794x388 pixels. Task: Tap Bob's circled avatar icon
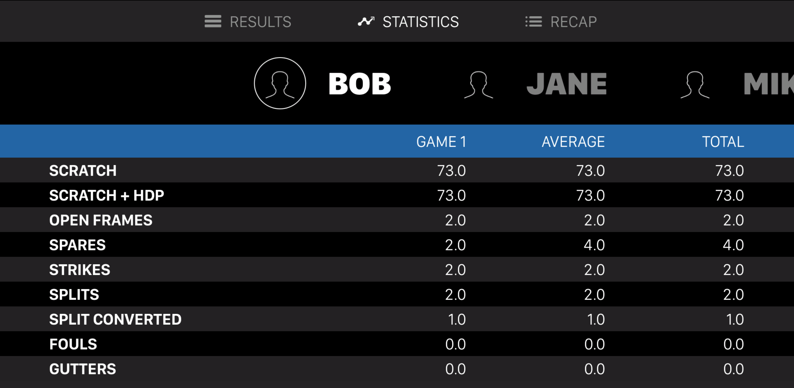click(280, 83)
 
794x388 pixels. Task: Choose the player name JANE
click(566, 84)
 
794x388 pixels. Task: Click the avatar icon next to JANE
click(479, 85)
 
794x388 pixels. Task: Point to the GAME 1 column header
click(441, 142)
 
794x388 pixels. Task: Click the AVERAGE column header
click(573, 142)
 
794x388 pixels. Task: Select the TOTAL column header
click(723, 142)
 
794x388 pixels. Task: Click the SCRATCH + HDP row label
click(107, 195)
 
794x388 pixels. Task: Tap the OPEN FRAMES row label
click(101, 220)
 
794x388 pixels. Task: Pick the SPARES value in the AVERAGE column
click(594, 245)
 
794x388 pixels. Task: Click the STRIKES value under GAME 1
click(455, 270)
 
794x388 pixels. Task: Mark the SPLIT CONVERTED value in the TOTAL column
click(735, 319)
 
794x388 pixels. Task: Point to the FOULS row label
click(73, 344)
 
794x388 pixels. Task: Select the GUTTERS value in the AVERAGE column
click(594, 369)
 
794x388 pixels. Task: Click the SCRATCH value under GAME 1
click(451, 171)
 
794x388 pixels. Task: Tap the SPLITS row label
click(74, 295)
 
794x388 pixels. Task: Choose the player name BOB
click(359, 84)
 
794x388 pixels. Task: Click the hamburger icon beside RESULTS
click(213, 21)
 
